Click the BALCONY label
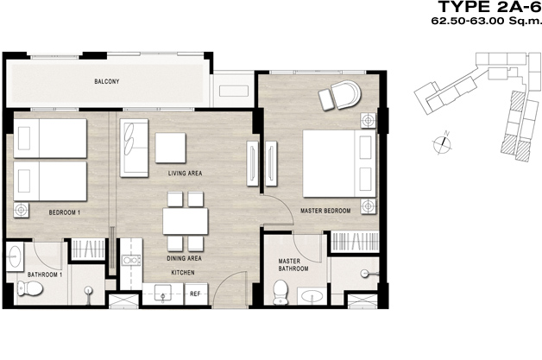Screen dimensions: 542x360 (107, 82)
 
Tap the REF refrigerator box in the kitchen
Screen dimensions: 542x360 (196, 294)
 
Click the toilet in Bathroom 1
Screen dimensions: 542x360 (29, 288)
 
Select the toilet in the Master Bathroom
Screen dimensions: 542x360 (280, 292)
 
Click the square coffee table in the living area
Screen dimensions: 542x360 (170, 148)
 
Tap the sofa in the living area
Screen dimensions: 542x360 (134, 148)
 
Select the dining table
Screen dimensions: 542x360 (186, 221)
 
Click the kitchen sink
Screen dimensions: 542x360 (162, 293)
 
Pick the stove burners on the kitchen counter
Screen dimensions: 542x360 (131, 260)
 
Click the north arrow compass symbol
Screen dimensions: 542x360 (443, 142)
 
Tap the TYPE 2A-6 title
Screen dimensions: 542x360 (489, 7)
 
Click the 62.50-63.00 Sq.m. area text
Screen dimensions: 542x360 (486, 21)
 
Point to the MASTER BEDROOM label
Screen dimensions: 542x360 (325, 211)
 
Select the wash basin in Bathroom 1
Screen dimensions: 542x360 (15, 256)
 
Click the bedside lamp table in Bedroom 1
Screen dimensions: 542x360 (21, 210)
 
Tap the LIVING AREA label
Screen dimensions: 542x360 (185, 173)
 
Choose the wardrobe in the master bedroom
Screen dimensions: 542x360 (355, 242)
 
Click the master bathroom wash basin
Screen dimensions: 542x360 (312, 296)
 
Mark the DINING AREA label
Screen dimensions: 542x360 (184, 258)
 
